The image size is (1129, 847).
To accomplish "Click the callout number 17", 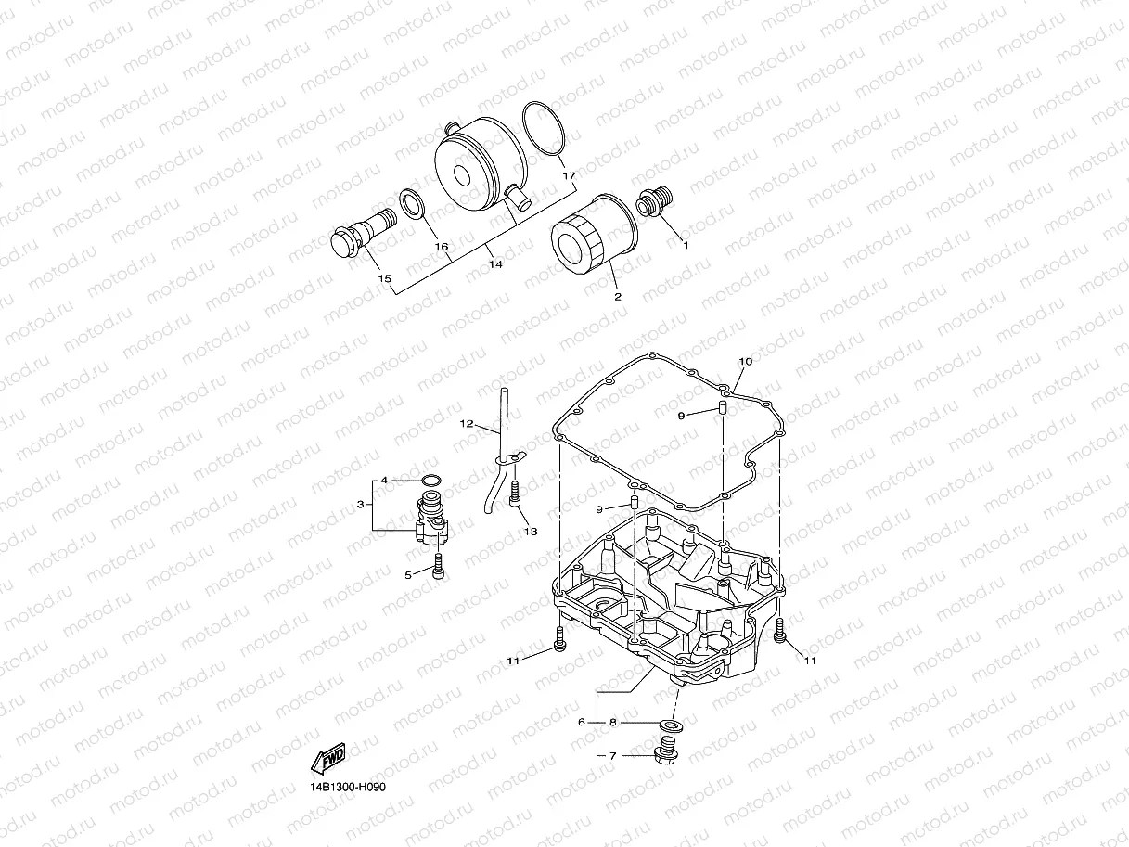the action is tap(570, 175).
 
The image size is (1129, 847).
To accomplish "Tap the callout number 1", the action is tap(686, 246).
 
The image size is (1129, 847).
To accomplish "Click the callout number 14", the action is tap(495, 264).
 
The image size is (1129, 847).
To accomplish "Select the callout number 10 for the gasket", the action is tap(745, 360).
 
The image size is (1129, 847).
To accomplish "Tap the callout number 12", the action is tap(467, 424).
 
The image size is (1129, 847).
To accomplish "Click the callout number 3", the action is tap(360, 504).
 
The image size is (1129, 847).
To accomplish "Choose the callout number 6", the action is tap(581, 721).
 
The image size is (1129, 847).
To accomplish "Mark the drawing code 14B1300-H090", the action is tap(348, 787).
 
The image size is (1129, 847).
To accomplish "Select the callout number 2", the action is tap(617, 297).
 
